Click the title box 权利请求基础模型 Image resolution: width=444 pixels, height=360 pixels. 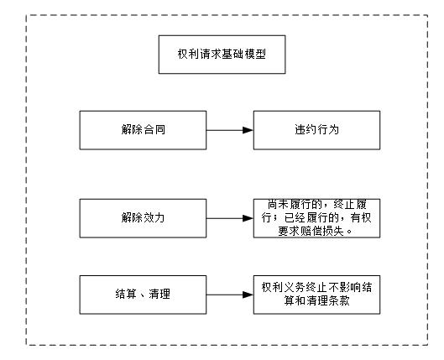(x=222, y=56)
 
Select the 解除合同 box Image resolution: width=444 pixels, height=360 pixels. (x=143, y=130)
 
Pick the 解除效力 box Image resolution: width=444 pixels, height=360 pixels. (x=143, y=217)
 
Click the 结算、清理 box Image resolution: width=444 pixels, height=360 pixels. (x=143, y=294)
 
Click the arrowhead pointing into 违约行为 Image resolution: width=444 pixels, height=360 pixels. (x=248, y=130)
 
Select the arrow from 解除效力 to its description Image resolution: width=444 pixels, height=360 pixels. (x=229, y=217)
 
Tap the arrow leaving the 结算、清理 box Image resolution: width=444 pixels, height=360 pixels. (x=229, y=294)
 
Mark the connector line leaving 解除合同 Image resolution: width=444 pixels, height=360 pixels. (x=222, y=130)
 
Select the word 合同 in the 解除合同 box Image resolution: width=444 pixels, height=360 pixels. (x=154, y=130)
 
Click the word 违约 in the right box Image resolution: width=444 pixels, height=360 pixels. (x=303, y=130)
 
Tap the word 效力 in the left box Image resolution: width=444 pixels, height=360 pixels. (x=154, y=217)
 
